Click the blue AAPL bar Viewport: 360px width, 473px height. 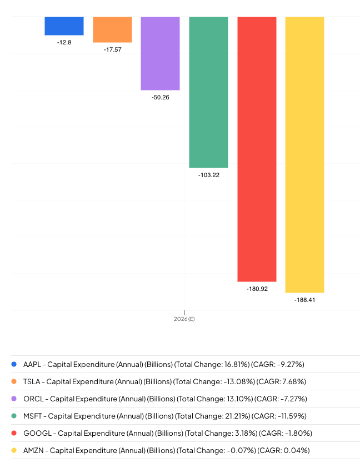click(x=64, y=26)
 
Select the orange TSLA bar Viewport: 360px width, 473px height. click(x=112, y=29)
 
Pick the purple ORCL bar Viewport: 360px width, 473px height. click(x=160, y=53)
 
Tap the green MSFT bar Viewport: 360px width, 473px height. click(x=208, y=92)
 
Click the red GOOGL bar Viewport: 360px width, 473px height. click(x=257, y=149)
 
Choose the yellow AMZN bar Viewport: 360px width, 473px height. click(x=304, y=154)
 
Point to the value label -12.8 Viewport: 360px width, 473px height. click(x=64, y=42)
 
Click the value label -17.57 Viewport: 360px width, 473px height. click(x=112, y=49)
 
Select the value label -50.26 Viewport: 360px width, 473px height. click(x=160, y=97)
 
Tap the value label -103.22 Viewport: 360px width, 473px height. click(x=208, y=175)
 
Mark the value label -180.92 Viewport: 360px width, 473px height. click(x=257, y=289)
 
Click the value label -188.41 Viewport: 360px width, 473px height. click(x=304, y=300)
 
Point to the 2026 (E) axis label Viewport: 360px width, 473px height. click(x=184, y=319)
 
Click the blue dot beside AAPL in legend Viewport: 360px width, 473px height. click(x=14, y=364)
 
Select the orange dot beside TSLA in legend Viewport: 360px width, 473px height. click(x=14, y=381)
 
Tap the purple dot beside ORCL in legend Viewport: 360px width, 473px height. click(x=14, y=399)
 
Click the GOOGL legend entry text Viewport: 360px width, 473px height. click(x=164, y=433)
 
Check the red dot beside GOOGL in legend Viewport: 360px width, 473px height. click(x=14, y=433)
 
